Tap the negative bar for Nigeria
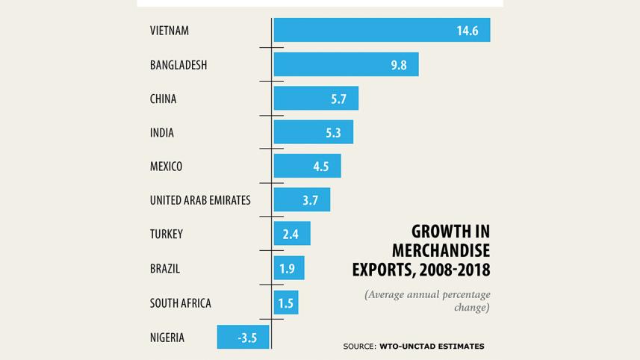point(243,338)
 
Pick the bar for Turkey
point(292,234)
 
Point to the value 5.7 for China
point(339,99)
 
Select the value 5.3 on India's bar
point(334,133)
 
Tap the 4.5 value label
point(321,167)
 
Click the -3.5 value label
point(247,338)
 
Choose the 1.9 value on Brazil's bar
point(288,269)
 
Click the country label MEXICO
point(166,167)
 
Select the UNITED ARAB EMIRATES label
point(200,200)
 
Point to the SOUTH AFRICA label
point(180,303)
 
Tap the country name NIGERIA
point(167,338)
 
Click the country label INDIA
point(161,133)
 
